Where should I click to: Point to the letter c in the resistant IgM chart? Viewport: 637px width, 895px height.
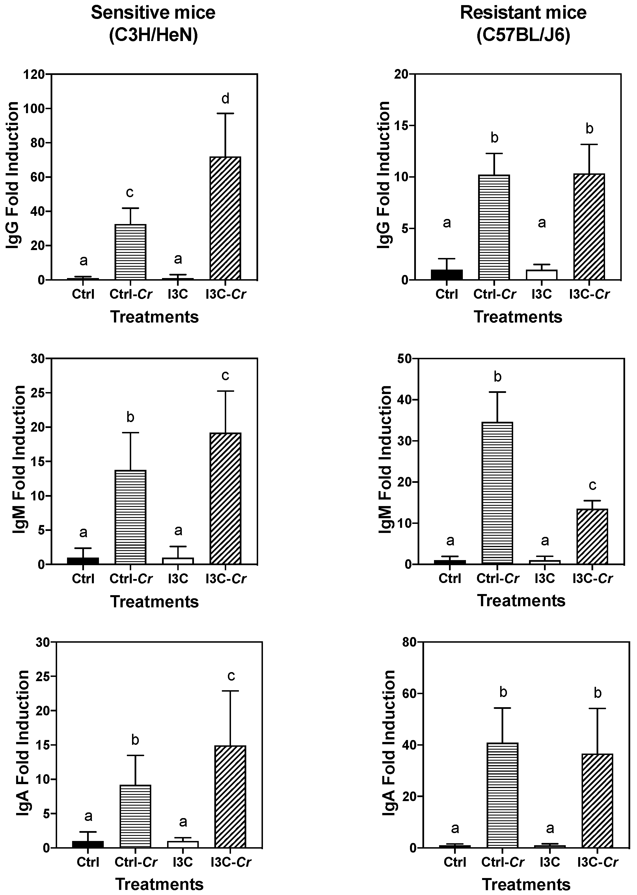click(592, 485)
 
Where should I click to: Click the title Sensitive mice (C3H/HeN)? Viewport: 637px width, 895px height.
click(153, 24)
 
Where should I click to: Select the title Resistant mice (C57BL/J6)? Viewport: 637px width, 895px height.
click(523, 24)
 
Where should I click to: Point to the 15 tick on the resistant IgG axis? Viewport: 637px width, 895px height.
click(402, 126)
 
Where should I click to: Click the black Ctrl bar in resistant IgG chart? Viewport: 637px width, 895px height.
click(447, 275)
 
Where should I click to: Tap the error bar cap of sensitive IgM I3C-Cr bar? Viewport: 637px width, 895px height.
click(225, 391)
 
